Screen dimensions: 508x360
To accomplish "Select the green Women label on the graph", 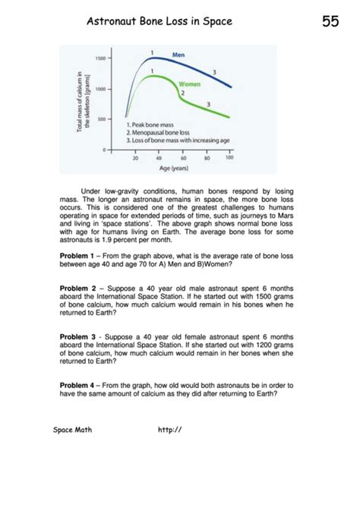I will click(x=189, y=84).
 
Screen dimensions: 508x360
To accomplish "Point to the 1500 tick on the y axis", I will click(x=99, y=58).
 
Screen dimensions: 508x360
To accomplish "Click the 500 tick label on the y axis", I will click(x=101, y=118).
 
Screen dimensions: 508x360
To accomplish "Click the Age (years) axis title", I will click(x=174, y=168).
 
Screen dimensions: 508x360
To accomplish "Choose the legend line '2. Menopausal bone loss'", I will click(x=162, y=132).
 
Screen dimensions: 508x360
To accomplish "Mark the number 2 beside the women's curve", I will click(x=183, y=93).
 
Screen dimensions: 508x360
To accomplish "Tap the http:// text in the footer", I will click(x=169, y=430).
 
